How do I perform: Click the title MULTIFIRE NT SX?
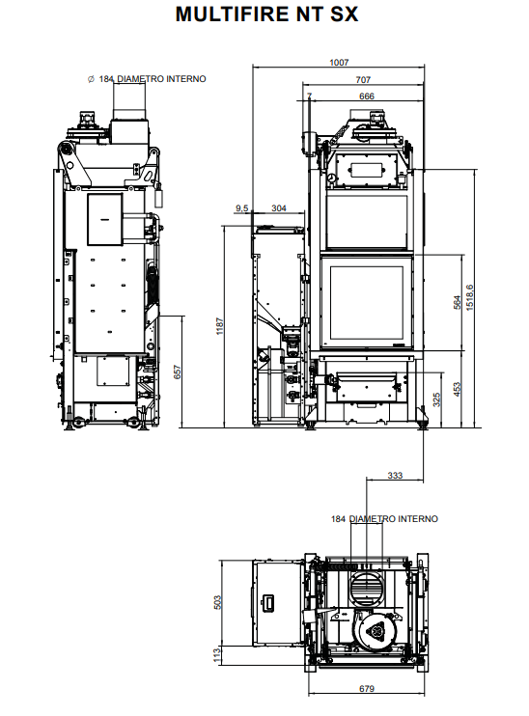click(x=266, y=14)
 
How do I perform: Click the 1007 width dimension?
click(x=339, y=63)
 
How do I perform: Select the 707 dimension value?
click(x=363, y=80)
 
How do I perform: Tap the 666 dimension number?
click(x=367, y=96)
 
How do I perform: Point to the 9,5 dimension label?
click(x=241, y=208)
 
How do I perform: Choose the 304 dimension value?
click(x=279, y=208)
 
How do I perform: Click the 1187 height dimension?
click(x=220, y=326)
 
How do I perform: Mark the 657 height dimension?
click(x=178, y=372)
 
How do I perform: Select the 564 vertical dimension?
click(x=457, y=303)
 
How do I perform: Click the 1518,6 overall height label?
click(x=470, y=298)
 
